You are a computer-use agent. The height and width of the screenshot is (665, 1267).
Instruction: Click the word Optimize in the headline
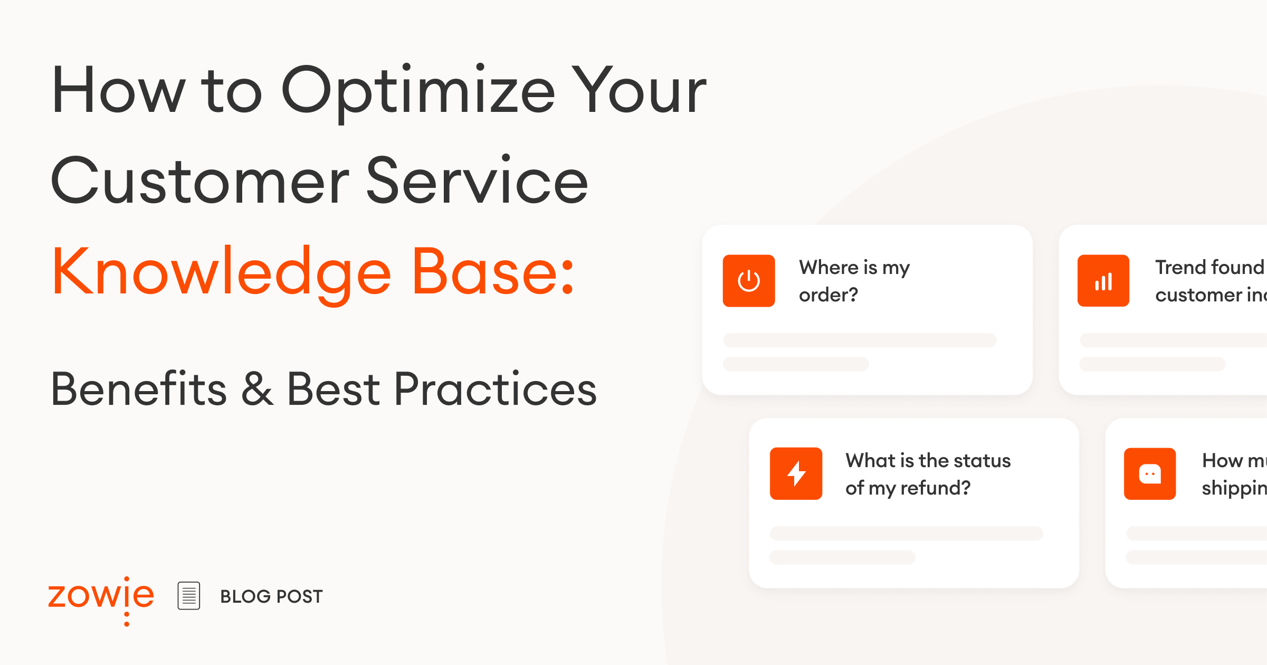click(x=418, y=91)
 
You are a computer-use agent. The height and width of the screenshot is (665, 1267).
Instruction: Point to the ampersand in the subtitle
click(x=257, y=390)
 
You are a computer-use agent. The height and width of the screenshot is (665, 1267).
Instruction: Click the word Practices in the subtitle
click(x=495, y=390)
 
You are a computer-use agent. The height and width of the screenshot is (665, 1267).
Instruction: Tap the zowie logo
click(x=101, y=597)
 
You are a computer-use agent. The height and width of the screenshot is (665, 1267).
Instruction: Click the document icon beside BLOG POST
click(x=189, y=596)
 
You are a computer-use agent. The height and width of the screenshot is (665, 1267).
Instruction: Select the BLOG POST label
click(x=271, y=596)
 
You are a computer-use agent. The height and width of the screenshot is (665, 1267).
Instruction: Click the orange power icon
click(x=749, y=281)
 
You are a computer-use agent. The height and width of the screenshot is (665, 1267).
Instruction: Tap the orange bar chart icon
click(x=1103, y=281)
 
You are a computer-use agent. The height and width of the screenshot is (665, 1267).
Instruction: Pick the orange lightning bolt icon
click(x=796, y=473)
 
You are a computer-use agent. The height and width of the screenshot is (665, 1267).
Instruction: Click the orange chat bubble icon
click(x=1150, y=473)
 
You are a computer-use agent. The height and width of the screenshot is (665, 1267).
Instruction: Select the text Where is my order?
click(x=854, y=281)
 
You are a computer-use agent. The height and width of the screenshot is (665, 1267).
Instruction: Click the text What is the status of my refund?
click(x=928, y=474)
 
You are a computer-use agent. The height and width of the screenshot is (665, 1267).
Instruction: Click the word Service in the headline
click(x=477, y=182)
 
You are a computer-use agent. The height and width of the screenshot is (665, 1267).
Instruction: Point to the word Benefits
click(x=139, y=390)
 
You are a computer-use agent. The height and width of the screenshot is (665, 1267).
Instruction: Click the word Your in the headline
click(x=640, y=91)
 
